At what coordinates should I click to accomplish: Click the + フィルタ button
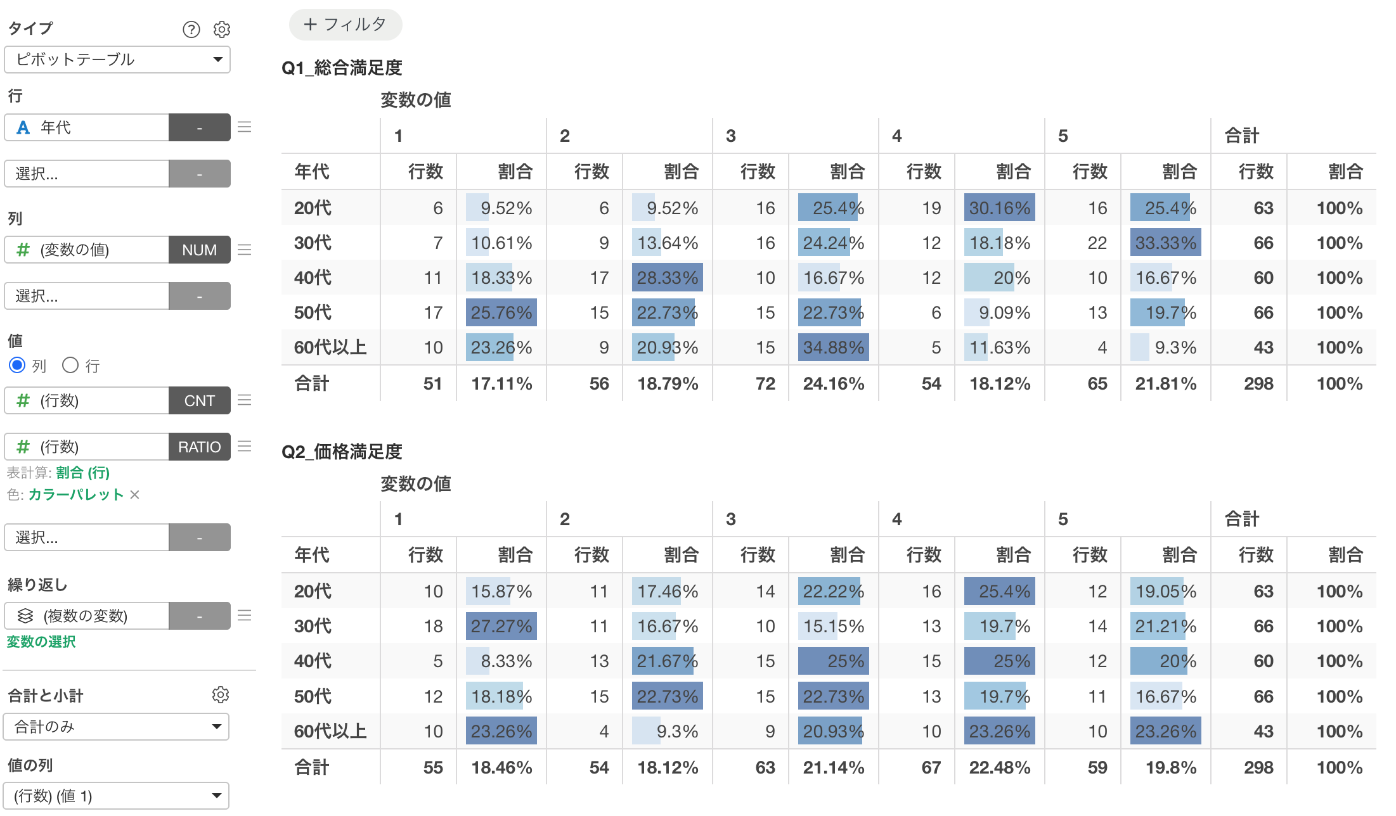pos(346,25)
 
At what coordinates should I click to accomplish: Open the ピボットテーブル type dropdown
pos(117,60)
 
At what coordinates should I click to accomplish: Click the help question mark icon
pos(191,29)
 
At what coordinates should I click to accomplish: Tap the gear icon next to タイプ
pos(222,29)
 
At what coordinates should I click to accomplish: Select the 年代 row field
pos(87,127)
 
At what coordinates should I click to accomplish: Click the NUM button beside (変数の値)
pos(200,250)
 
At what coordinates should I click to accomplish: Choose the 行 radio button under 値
pos(70,365)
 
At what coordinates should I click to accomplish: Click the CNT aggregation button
pos(200,400)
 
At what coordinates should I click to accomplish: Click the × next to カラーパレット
pos(134,494)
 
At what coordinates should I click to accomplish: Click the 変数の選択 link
pos(41,642)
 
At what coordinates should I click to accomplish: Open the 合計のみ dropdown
pos(117,727)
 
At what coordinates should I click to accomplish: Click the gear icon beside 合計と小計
pos(221,694)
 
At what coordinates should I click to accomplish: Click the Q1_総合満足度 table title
pos(342,68)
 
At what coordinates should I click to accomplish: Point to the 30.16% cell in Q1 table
pos(999,208)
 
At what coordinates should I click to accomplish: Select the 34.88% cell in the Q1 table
pos(833,347)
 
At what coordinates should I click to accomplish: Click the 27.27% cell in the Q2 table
pos(501,626)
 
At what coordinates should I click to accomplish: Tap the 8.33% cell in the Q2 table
pos(501,661)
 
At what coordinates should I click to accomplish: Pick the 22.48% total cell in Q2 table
pos(999,767)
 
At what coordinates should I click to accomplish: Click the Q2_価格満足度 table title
pos(342,452)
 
